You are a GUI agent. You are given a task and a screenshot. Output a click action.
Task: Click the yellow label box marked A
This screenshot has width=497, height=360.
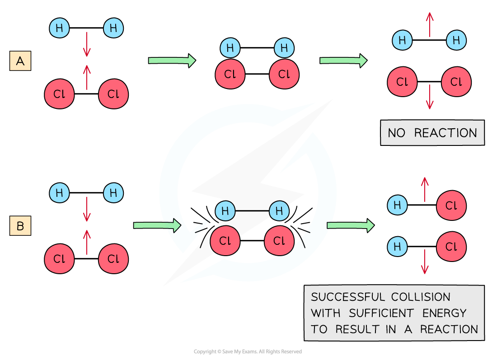point(20,61)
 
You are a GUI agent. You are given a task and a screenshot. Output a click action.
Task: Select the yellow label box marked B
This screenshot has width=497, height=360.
point(20,226)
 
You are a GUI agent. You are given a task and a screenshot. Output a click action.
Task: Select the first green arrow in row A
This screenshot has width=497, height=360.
point(172,61)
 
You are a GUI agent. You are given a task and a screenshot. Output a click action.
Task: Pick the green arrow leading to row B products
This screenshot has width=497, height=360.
point(350,225)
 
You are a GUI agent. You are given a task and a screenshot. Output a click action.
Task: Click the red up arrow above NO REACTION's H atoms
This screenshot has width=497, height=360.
point(429,24)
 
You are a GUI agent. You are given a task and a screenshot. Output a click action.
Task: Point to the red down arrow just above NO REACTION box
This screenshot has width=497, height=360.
point(429,97)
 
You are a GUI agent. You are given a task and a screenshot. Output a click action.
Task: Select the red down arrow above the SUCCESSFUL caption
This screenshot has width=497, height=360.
point(424,262)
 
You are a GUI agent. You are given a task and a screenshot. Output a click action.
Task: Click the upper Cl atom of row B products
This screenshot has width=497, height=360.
point(451,206)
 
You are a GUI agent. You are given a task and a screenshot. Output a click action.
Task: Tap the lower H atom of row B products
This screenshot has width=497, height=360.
point(398,247)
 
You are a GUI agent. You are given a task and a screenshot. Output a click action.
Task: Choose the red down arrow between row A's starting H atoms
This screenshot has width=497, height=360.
point(87,44)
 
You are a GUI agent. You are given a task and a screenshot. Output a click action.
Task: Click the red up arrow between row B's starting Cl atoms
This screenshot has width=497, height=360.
point(87,242)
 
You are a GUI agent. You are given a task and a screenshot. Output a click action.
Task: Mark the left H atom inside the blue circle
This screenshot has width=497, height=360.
point(225,210)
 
